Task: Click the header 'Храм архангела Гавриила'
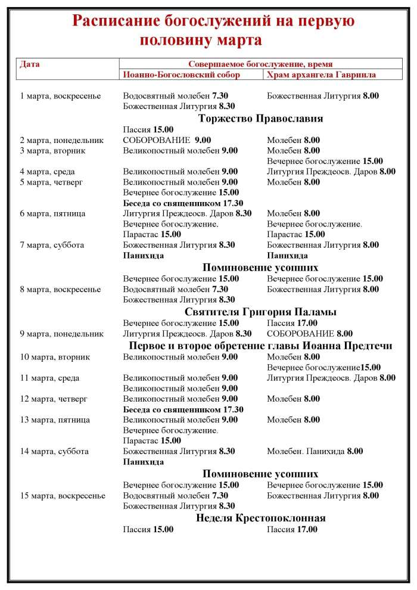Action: [321, 74]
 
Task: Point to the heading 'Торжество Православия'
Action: [260, 118]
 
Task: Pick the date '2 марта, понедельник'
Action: [62, 140]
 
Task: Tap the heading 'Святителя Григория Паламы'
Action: [260, 312]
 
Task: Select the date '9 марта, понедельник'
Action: [62, 334]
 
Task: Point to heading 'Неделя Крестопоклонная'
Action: [260, 517]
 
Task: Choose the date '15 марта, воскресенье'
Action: [63, 495]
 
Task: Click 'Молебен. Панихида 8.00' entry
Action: [315, 451]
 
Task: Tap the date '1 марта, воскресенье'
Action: [60, 95]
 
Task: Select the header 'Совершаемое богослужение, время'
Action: [260, 64]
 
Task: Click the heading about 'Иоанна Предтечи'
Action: [260, 346]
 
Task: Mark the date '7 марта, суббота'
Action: [52, 244]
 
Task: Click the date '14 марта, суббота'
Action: [54, 451]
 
